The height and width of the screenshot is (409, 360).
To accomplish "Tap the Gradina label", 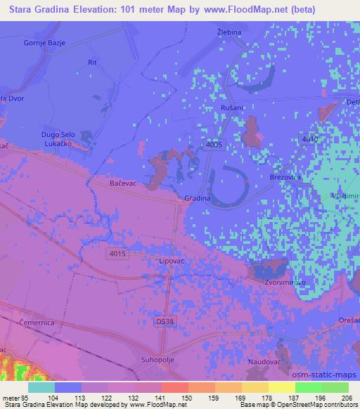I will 198,199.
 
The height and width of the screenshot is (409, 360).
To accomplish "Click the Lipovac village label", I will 173,260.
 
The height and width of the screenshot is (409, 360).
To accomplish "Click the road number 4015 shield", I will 118,253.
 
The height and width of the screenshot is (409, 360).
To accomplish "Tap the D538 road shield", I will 165,320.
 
